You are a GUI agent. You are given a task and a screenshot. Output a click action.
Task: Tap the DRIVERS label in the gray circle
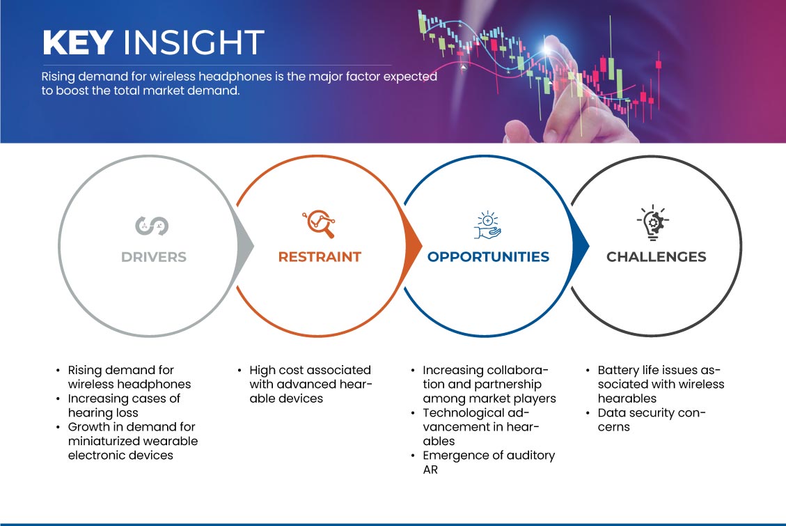[154, 257]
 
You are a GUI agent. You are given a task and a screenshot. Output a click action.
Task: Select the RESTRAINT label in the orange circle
[320, 257]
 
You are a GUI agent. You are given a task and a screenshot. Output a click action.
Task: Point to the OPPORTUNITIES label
[488, 257]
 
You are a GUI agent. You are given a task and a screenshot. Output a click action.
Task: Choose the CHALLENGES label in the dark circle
[657, 257]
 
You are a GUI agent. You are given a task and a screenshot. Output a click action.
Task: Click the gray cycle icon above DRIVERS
[152, 226]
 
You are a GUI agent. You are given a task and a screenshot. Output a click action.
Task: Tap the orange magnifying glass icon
[319, 224]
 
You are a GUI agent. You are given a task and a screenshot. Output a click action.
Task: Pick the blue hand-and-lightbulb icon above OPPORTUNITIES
[487, 224]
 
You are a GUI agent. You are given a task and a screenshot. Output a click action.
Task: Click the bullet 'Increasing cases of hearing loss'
[125, 405]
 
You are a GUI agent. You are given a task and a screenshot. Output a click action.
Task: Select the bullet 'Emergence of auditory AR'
[489, 463]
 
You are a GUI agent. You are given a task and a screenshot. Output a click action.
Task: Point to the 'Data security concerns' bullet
[652, 419]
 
